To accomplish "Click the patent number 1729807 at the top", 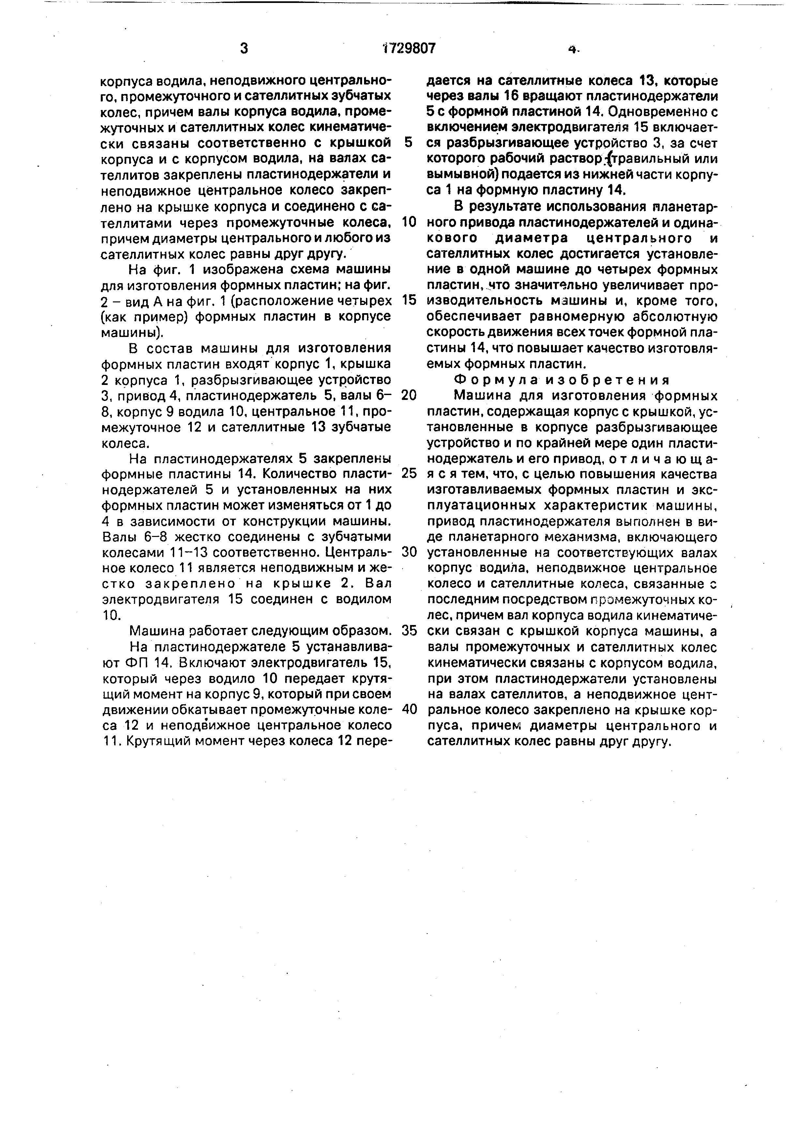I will pos(408,48).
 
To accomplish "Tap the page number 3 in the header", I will pos(244,48).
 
